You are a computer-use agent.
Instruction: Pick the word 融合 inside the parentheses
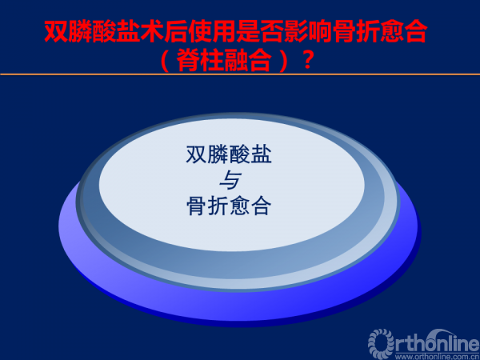pos(247,61)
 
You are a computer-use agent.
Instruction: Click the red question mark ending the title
pos(307,61)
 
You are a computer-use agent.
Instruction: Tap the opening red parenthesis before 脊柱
pos(165,61)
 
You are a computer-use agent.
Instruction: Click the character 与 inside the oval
pos(230,180)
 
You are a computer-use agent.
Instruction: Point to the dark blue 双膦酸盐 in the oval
pos(229,154)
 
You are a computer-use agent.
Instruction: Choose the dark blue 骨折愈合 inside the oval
pos(229,206)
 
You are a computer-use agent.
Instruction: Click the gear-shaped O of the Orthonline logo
pos(381,342)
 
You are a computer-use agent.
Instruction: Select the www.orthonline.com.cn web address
pos(437,357)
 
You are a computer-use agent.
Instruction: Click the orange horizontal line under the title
pos(240,74)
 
